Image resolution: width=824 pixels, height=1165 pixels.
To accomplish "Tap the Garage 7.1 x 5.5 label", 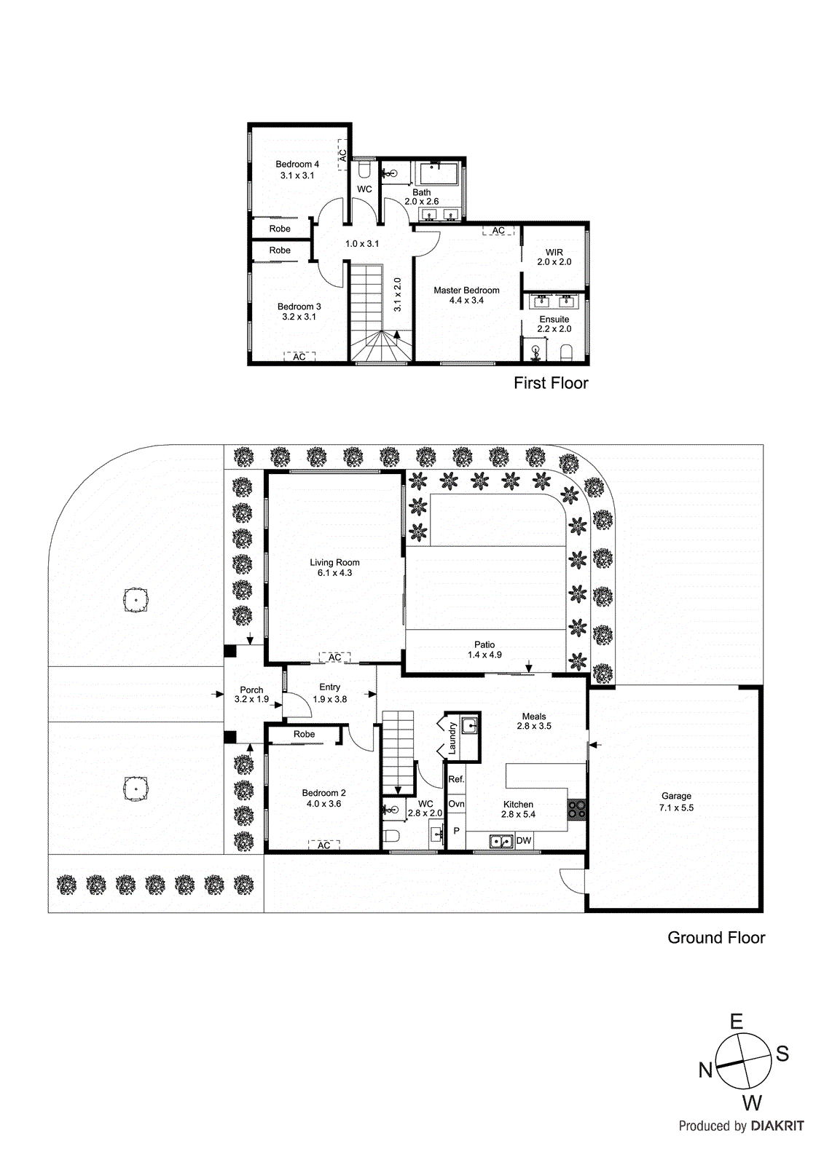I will (676, 802).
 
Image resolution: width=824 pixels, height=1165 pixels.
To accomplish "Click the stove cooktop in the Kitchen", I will (577, 809).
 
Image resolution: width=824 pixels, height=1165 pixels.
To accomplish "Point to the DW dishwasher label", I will (524, 841).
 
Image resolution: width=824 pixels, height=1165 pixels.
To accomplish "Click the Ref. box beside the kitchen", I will (456, 780).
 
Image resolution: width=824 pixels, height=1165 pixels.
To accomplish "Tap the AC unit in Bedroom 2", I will (323, 845).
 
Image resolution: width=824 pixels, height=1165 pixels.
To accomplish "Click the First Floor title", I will (551, 383).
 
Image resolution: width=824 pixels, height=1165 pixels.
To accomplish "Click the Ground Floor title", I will (716, 938).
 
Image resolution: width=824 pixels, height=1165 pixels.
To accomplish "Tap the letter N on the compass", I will (705, 1070).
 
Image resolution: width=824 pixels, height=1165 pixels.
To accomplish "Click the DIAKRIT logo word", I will (777, 1126).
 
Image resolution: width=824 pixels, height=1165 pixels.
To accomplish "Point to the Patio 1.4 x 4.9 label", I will (484, 649).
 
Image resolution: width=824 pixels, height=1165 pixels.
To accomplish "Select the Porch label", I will (251, 690).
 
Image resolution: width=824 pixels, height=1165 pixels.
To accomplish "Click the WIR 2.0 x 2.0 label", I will (554, 257).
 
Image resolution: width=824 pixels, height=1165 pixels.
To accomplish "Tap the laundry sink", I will (470, 726).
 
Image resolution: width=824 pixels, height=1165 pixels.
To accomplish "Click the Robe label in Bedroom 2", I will (304, 734).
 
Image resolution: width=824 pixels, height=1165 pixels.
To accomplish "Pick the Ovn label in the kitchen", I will (456, 805).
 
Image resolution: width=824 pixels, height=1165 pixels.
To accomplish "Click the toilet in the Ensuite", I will (566, 355).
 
